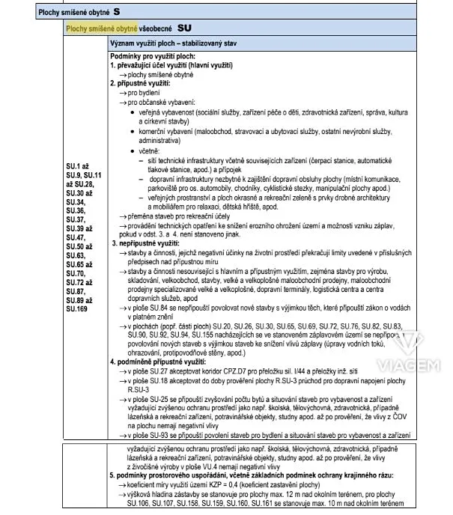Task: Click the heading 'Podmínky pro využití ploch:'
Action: (x=153, y=58)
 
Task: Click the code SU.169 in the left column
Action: (x=77, y=308)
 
